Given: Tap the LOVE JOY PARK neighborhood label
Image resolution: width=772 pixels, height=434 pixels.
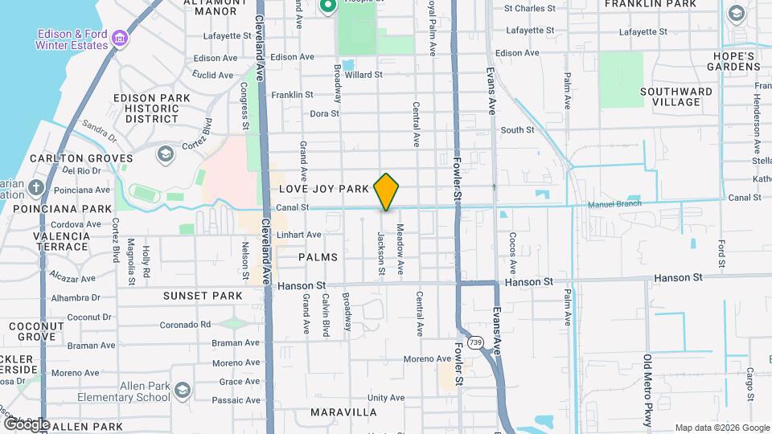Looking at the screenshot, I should click(x=324, y=189).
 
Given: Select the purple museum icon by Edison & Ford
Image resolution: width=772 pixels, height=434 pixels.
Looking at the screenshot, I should click(x=119, y=38).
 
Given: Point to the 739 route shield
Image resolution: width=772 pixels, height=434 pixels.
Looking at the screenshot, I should click(x=476, y=342).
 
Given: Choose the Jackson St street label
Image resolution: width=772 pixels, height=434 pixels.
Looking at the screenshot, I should click(x=382, y=256).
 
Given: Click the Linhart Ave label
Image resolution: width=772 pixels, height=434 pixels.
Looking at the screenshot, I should click(x=298, y=235).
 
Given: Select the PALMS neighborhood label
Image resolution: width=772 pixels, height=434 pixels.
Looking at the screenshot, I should click(x=318, y=257).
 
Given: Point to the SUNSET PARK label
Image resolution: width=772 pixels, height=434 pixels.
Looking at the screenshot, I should click(x=203, y=296).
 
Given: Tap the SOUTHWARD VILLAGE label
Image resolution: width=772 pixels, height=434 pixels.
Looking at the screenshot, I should click(x=676, y=96).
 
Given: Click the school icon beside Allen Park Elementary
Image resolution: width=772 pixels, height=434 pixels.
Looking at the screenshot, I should click(x=183, y=391).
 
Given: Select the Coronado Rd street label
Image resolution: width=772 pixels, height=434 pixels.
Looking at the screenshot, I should click(x=184, y=325).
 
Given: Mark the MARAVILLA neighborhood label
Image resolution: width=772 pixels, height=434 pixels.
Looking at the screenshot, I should click(x=343, y=412).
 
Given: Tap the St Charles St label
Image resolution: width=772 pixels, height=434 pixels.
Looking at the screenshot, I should click(x=530, y=9).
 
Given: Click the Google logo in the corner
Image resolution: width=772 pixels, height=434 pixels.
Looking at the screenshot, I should click(x=27, y=424).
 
